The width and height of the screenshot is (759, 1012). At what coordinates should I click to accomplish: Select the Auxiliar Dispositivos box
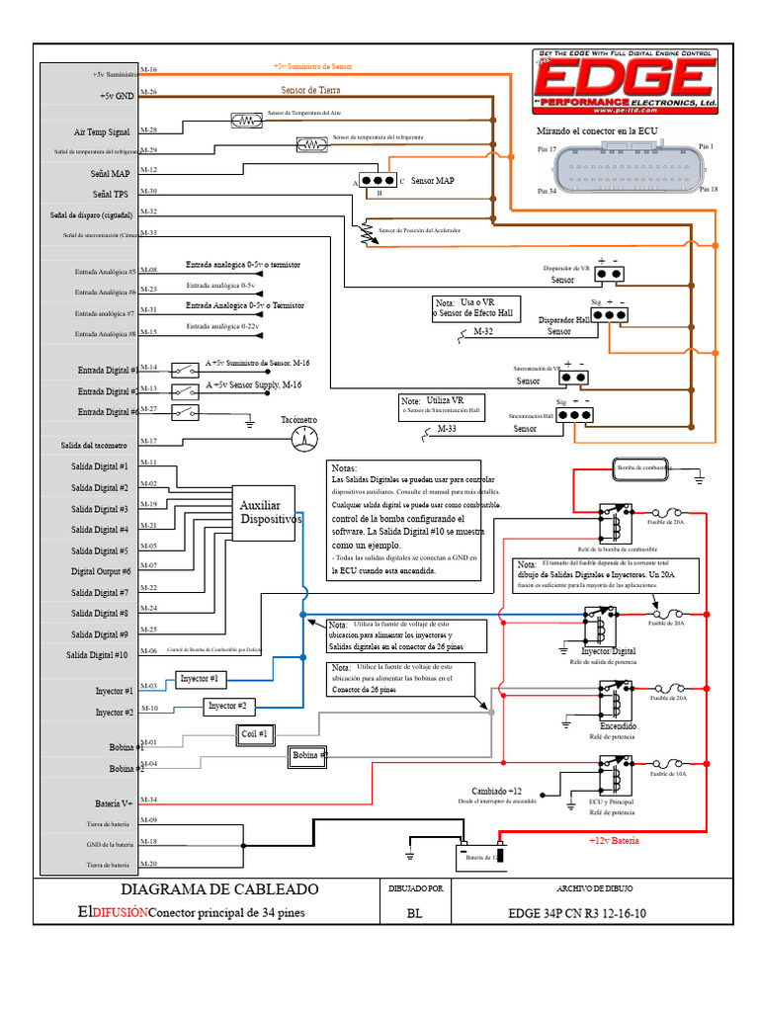[x=267, y=513]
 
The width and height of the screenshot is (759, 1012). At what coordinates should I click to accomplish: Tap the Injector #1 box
[x=201, y=679]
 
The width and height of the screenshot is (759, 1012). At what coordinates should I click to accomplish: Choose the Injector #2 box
[x=230, y=707]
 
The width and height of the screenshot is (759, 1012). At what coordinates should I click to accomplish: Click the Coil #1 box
[x=255, y=732]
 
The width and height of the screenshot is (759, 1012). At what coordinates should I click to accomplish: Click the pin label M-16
[x=149, y=70]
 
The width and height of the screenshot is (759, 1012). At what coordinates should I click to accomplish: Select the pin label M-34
[x=149, y=799]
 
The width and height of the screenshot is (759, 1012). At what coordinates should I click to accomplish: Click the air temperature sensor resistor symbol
[x=242, y=121]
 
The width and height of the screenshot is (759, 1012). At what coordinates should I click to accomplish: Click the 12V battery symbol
[x=478, y=856]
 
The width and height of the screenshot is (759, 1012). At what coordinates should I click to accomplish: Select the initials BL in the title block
[x=413, y=914]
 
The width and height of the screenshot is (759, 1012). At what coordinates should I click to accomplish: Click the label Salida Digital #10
[x=97, y=655]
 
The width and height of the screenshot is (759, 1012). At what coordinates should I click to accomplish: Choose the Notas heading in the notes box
[x=344, y=468]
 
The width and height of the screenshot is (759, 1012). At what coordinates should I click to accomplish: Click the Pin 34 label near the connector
[x=547, y=191]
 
